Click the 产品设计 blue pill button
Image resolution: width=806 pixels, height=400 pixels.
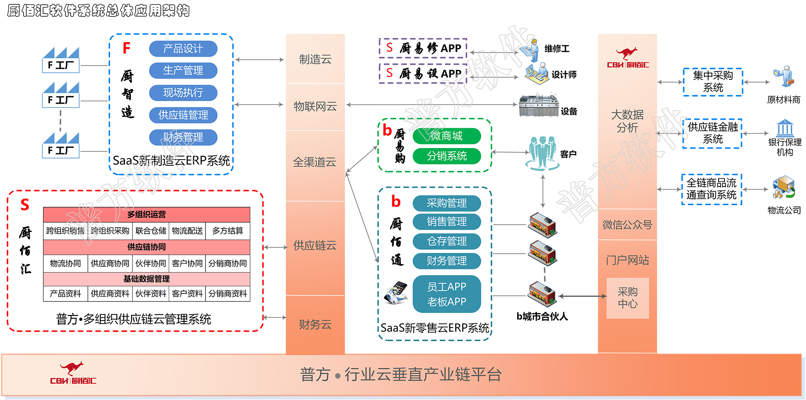(x=183, y=49)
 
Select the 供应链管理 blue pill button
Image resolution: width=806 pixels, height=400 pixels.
(x=183, y=115)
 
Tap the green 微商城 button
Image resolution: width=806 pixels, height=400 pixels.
(x=446, y=136)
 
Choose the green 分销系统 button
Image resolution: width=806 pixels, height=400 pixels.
(x=446, y=156)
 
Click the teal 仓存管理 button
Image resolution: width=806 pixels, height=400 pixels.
(x=446, y=241)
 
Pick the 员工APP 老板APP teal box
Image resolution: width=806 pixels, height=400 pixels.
(x=446, y=294)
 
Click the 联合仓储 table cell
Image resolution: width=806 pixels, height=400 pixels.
(x=151, y=231)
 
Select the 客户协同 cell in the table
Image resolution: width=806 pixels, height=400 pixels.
(x=187, y=263)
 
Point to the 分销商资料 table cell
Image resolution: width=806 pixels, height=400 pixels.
(x=228, y=294)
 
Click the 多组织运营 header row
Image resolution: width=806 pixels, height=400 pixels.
(x=146, y=214)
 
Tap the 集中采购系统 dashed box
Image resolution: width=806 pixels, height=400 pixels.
(x=713, y=82)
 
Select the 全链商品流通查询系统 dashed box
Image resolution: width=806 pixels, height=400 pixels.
(x=711, y=189)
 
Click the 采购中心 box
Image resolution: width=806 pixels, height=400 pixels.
(x=628, y=298)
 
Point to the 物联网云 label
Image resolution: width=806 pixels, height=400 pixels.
(x=315, y=106)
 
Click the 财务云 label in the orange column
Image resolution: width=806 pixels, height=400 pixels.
(x=315, y=325)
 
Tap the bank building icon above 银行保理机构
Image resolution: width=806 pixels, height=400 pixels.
(x=785, y=128)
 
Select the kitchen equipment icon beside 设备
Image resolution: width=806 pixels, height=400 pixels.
(x=538, y=106)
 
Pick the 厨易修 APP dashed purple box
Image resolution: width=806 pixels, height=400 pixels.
(x=423, y=48)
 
